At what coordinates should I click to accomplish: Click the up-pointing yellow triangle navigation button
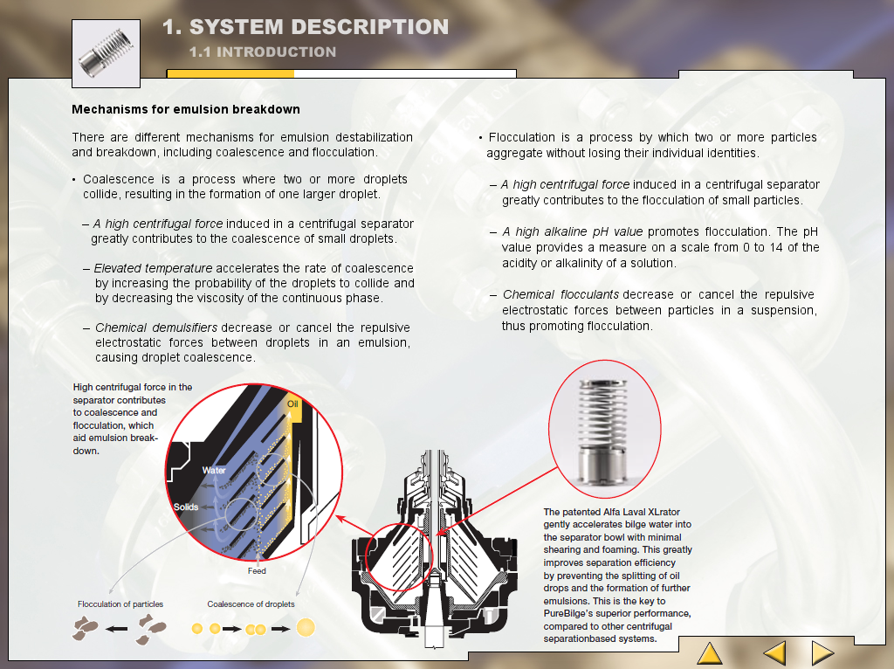(710, 653)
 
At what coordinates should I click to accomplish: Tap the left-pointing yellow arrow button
(775, 653)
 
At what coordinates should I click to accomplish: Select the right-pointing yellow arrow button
(822, 653)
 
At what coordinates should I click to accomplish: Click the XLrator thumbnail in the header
(106, 53)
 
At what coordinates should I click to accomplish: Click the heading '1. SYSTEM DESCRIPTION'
(306, 27)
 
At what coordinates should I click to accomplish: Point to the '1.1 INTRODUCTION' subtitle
(263, 52)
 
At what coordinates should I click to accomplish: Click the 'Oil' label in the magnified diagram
(292, 403)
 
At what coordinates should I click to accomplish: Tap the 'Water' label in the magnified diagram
(214, 471)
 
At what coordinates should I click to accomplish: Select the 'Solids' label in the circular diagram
(186, 507)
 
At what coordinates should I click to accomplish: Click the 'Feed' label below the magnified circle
(257, 571)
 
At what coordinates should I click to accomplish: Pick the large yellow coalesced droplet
(306, 627)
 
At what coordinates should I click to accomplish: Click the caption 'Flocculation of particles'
(120, 604)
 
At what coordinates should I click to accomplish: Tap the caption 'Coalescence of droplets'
(251, 604)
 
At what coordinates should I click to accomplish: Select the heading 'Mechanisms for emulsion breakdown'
(186, 109)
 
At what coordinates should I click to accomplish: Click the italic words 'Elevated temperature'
(153, 268)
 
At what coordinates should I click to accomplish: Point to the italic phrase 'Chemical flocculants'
(560, 294)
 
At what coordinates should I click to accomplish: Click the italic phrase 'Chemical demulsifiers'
(156, 328)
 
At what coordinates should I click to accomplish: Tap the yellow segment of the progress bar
(230, 73)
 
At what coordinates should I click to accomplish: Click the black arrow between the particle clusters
(117, 629)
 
